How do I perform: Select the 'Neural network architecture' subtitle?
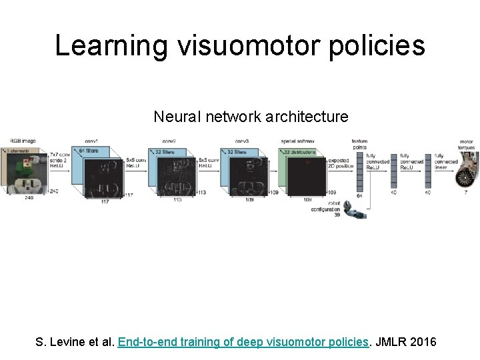(251, 117)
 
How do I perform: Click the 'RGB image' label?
(23, 141)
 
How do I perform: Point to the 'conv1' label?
(91, 141)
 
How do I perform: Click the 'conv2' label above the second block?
(168, 141)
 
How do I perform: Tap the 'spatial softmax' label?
(298, 141)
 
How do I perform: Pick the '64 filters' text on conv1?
(88, 151)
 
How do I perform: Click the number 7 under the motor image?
(465, 192)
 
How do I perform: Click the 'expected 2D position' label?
(340, 163)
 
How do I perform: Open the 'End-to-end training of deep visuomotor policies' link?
(243, 342)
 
